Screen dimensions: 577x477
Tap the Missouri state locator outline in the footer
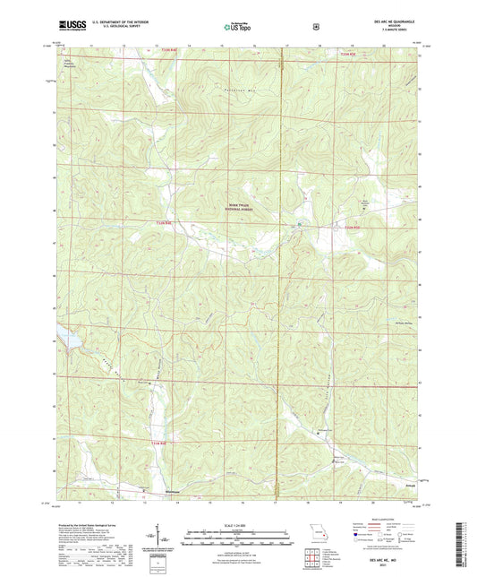[x=311, y=527]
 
